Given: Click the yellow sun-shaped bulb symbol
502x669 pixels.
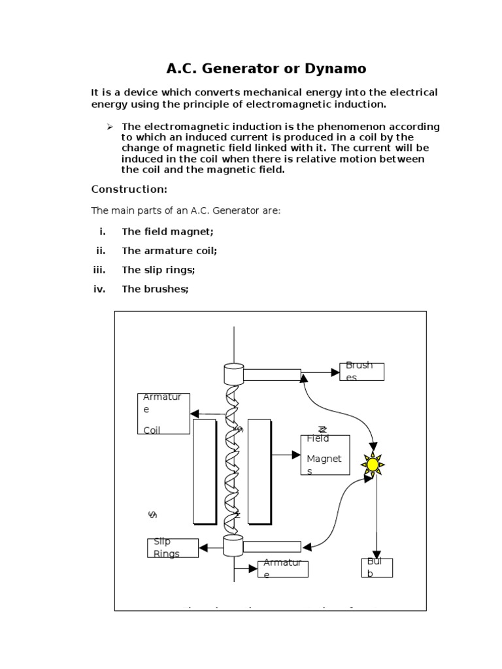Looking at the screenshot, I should click(x=373, y=465).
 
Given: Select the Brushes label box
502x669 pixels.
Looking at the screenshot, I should click(x=361, y=372).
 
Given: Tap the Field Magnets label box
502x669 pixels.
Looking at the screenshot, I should click(x=325, y=455).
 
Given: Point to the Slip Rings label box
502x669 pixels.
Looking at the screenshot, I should click(x=173, y=548).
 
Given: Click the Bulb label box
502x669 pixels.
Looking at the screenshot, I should click(x=376, y=567).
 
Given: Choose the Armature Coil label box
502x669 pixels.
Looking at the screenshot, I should click(x=163, y=414).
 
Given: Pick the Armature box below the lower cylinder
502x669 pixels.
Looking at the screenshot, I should click(x=282, y=569).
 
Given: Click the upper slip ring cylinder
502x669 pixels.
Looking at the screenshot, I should click(x=233, y=374).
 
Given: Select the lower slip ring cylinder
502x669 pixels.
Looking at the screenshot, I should click(x=233, y=546).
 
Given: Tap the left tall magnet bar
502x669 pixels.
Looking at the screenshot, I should click(x=205, y=471).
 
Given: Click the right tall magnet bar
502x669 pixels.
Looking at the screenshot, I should click(x=259, y=471).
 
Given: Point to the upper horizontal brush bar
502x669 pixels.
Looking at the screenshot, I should click(x=272, y=374).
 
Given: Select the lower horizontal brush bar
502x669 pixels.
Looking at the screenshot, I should click(x=272, y=546).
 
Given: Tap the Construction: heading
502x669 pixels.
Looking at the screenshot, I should click(x=129, y=189).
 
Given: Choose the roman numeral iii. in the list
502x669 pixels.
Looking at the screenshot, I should click(x=99, y=270).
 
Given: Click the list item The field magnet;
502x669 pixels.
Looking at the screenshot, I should click(x=167, y=231).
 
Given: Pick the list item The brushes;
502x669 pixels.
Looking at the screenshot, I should click(x=155, y=289).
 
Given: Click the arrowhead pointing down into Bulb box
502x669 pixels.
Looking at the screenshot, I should click(x=376, y=554).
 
